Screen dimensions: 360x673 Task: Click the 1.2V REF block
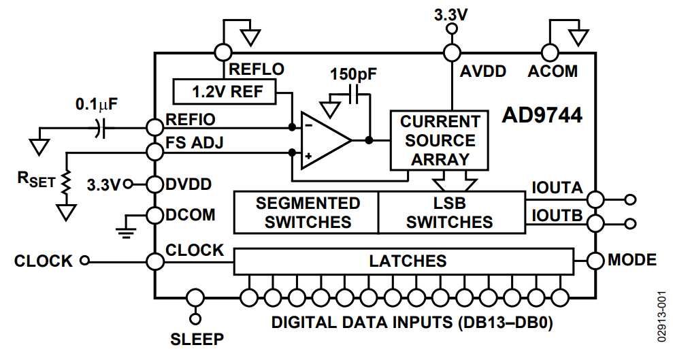point(225,91)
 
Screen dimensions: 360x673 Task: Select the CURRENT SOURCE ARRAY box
point(438,141)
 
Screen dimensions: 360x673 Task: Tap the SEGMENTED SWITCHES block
point(306,212)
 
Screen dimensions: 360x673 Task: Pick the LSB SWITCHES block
point(450,212)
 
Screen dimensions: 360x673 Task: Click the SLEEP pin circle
point(196,297)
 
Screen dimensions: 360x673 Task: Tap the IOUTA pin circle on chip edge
point(595,199)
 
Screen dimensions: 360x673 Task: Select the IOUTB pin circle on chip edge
point(595,223)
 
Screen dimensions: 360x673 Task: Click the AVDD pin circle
point(450,52)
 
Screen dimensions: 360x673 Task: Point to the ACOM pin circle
point(549,52)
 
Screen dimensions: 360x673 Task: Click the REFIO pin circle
point(155,127)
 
